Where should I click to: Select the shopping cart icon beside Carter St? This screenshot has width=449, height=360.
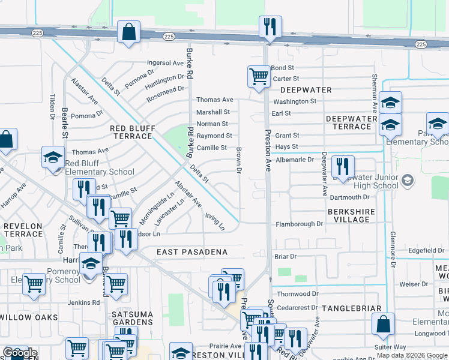point(258,76)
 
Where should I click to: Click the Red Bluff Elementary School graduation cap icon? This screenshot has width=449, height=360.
point(53,158)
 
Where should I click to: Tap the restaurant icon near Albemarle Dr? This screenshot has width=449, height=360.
point(343,166)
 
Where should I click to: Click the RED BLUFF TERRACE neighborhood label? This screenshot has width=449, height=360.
point(132,132)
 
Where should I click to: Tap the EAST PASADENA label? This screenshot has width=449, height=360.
point(192,252)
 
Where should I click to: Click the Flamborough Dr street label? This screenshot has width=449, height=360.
point(299,224)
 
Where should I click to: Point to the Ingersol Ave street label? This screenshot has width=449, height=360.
point(166,62)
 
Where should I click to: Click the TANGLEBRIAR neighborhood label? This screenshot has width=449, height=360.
point(351,308)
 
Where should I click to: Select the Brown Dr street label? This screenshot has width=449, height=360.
point(238,161)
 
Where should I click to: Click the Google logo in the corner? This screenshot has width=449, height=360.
point(19,353)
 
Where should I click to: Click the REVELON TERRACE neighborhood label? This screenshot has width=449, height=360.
point(23,230)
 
